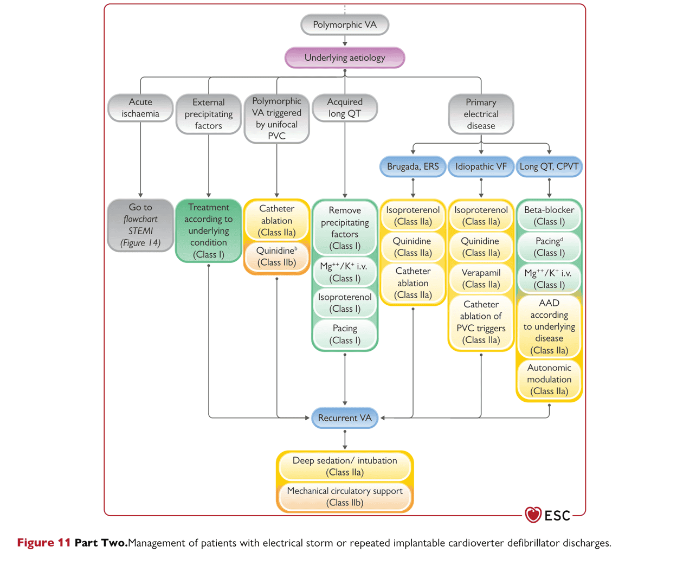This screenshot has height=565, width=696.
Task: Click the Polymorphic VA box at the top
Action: pyautogui.click(x=344, y=24)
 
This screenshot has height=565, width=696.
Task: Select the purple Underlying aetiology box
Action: pyautogui.click(x=344, y=57)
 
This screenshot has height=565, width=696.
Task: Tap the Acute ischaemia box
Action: pyautogui.click(x=140, y=108)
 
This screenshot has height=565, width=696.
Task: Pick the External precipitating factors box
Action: pyautogui.click(x=209, y=114)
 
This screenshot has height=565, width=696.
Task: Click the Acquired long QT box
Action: pyautogui.click(x=345, y=108)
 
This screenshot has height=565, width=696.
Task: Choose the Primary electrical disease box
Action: pyautogui.click(x=481, y=114)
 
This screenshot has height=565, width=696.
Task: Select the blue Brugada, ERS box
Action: pyautogui.click(x=413, y=166)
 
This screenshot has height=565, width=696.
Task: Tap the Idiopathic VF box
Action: pyautogui.click(x=481, y=166)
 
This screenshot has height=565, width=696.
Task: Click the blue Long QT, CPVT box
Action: pyautogui.click(x=549, y=166)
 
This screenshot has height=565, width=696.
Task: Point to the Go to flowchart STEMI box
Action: pyautogui.click(x=140, y=225)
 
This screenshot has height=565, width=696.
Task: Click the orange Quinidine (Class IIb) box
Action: pyautogui.click(x=276, y=256)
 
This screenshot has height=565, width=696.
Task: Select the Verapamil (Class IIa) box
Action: pyautogui.click(x=481, y=278)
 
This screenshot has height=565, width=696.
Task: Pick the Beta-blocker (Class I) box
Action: pyautogui.click(x=549, y=216)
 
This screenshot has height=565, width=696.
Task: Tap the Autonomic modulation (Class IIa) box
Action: pyautogui.click(x=549, y=379)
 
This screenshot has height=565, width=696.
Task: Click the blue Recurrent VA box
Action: pyautogui.click(x=345, y=418)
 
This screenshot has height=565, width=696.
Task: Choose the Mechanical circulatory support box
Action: pyautogui.click(x=345, y=496)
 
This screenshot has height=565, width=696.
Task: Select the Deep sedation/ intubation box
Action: pyautogui.click(x=345, y=466)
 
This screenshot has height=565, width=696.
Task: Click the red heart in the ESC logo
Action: pyautogui.click(x=533, y=515)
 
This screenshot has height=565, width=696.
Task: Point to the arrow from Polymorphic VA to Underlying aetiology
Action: pyautogui.click(x=345, y=41)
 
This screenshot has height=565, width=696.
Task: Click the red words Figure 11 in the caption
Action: pyautogui.click(x=44, y=543)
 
